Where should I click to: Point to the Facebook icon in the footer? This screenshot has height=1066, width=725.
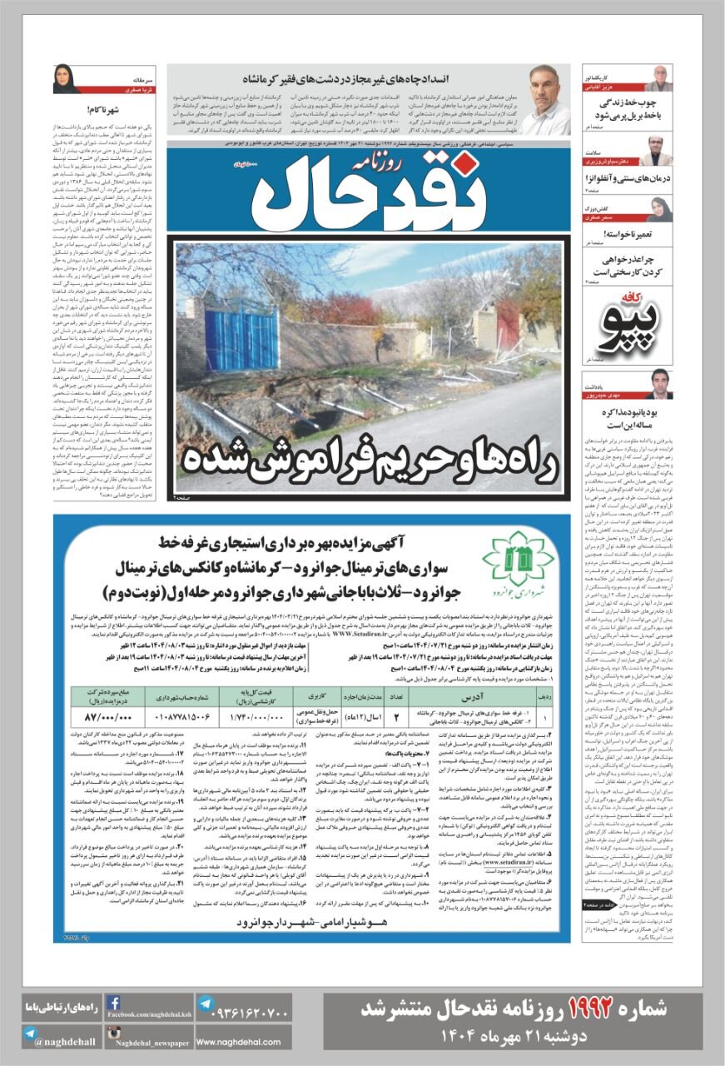114,1004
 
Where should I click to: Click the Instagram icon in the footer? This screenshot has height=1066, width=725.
114,1034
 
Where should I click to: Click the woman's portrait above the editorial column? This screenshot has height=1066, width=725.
67,79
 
